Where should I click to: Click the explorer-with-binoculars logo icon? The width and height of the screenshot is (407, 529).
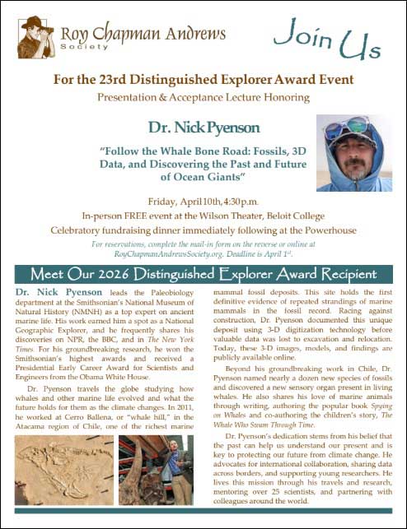coord(34,33)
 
